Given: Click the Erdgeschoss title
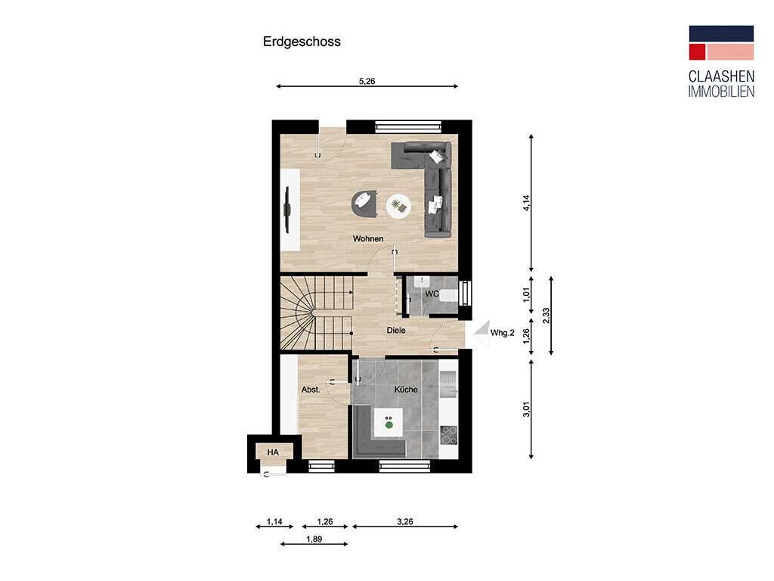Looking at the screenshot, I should click(302, 42).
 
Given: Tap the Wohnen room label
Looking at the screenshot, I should click(368, 239).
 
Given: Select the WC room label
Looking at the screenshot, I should click(432, 294).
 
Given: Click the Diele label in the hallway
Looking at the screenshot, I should click(396, 330).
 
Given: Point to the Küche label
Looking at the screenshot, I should click(406, 390).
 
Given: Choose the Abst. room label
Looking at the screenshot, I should click(311, 390).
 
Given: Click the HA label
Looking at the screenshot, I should click(272, 452).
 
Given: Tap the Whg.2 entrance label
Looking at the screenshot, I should click(503, 333).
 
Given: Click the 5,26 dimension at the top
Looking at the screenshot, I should click(367, 81).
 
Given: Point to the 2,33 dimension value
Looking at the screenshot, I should click(546, 315).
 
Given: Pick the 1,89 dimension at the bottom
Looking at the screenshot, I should click(314, 539).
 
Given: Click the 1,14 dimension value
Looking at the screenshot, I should click(274, 522).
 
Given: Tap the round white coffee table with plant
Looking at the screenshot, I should click(398, 205).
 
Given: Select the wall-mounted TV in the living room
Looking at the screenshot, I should click(287, 209).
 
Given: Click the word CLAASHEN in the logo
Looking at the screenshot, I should click(720, 76).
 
